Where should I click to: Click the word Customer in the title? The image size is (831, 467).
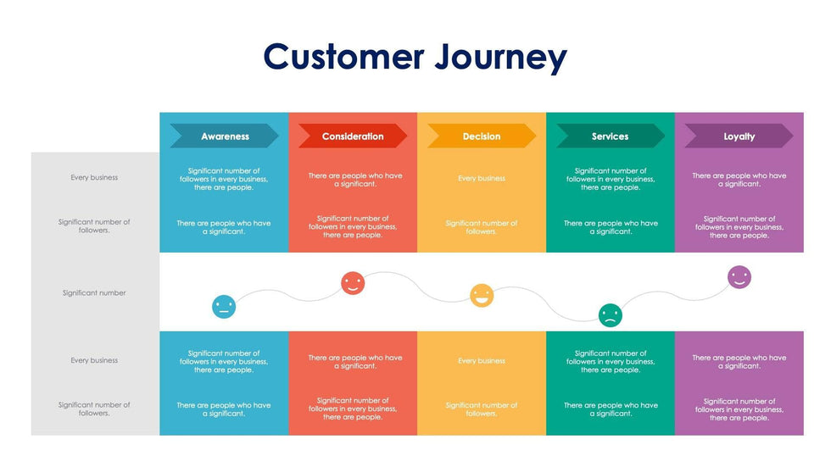343,57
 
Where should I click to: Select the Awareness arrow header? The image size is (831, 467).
225,136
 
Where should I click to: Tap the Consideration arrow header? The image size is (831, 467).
353,136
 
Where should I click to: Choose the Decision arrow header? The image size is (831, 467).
482,136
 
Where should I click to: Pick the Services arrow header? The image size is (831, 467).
611,136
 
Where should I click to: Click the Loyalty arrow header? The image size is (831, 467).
739,136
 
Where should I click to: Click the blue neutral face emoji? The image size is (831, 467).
224,307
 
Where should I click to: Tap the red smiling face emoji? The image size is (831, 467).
353,283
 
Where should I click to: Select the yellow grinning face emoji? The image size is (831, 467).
482,295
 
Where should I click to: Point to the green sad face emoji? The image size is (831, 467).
610,315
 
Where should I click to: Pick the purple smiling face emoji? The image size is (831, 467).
739,277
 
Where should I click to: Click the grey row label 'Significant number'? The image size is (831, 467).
94,293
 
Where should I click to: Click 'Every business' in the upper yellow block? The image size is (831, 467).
482,179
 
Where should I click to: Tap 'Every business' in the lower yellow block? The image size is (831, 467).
482,361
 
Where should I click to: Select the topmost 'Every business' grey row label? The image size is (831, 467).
94,178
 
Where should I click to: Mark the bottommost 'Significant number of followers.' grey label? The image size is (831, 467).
94,409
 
